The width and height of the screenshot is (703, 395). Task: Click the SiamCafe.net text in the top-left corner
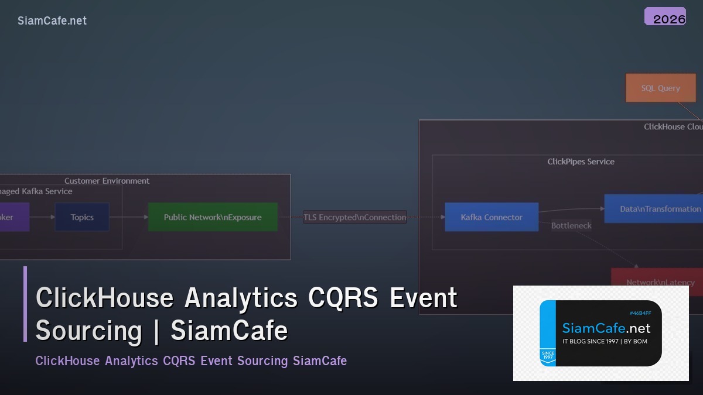(52, 21)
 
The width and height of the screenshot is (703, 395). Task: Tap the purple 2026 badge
(665, 17)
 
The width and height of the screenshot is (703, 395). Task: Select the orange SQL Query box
(660, 88)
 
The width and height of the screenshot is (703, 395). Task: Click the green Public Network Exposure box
(213, 217)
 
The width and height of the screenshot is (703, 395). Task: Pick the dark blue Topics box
(82, 217)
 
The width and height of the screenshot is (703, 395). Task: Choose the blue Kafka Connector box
(492, 217)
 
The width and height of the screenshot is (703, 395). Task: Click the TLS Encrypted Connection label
(355, 217)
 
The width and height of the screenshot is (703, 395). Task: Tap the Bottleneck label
(571, 226)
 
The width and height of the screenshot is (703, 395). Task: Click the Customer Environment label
(107, 181)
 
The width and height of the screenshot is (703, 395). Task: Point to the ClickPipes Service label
(581, 162)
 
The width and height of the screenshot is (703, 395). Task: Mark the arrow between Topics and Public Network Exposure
(128, 217)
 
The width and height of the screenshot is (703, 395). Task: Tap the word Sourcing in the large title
(89, 331)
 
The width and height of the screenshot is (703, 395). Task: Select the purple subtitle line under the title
(191, 360)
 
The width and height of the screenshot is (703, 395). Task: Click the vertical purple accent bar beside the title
(25, 304)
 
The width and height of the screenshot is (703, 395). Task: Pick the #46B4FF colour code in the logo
(640, 313)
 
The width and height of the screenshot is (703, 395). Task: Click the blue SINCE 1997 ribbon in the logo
(547, 356)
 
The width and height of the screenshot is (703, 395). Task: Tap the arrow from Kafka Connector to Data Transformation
(571, 209)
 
